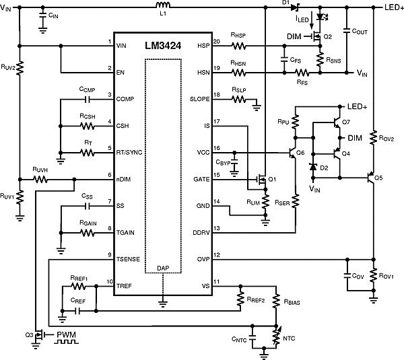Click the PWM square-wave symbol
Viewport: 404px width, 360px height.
[x=67, y=342]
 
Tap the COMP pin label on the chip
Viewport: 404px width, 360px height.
[x=125, y=98]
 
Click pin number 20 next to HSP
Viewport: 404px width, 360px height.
[x=216, y=42]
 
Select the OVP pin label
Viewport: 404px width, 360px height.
[x=202, y=259]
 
